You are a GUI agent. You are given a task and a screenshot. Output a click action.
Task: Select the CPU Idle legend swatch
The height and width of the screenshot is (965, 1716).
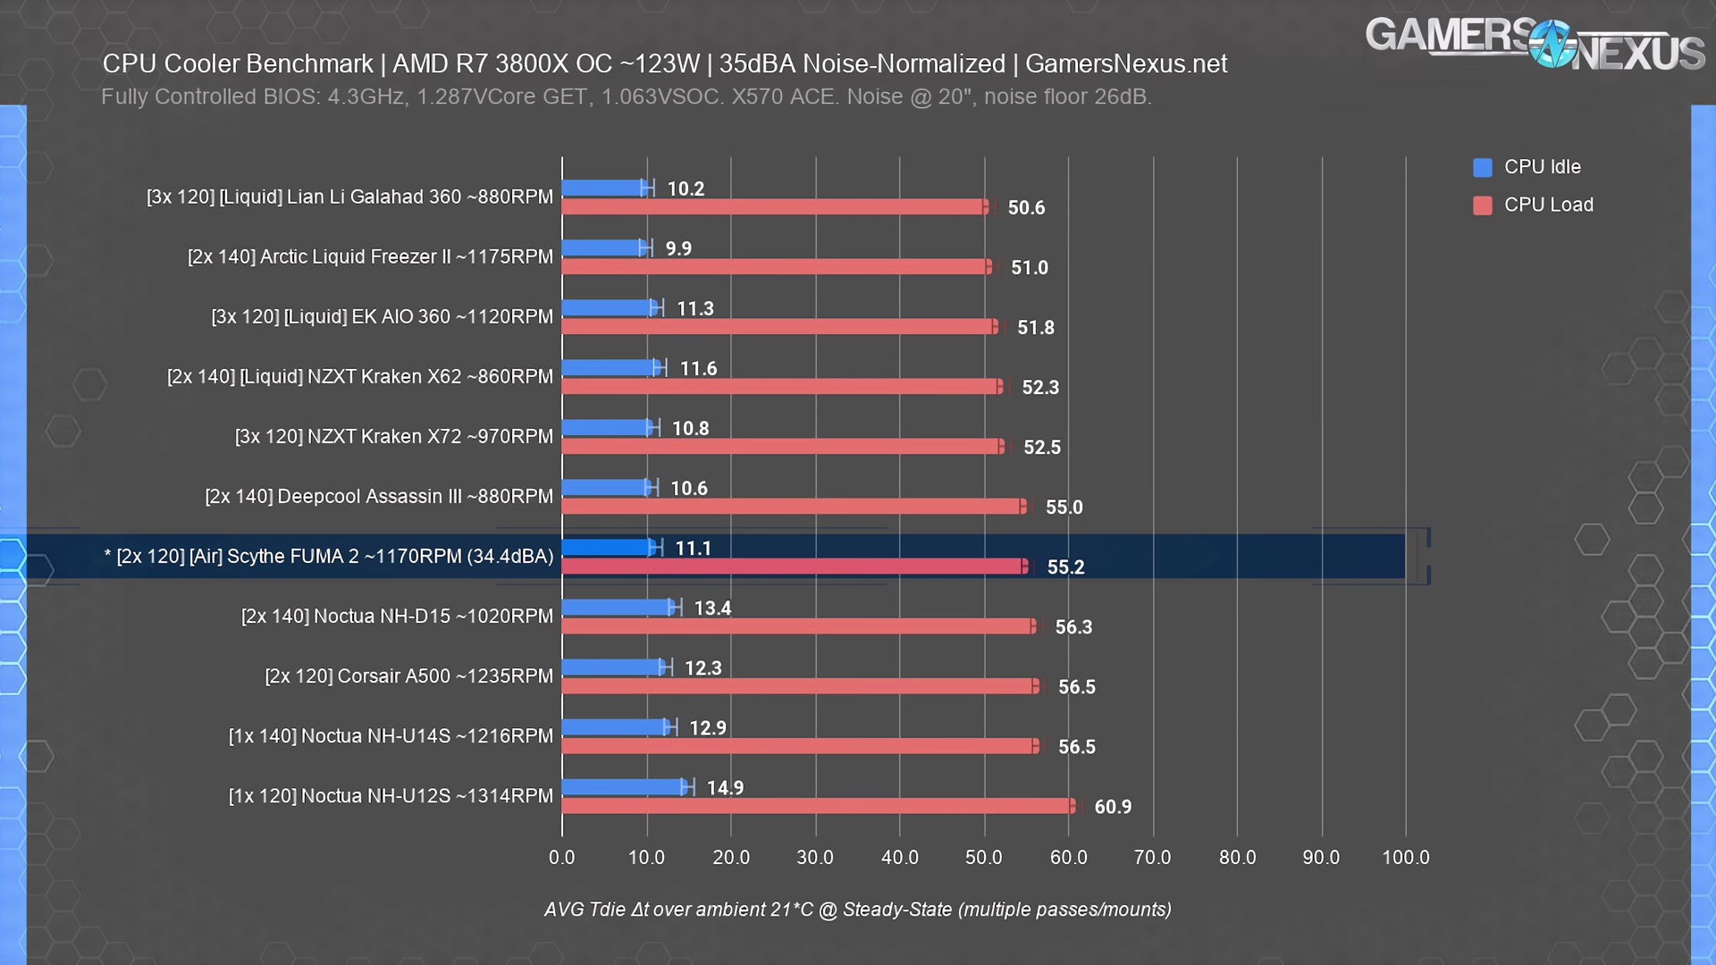pos(1483,167)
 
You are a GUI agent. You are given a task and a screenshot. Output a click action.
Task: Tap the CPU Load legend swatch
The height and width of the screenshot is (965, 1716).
pos(1483,206)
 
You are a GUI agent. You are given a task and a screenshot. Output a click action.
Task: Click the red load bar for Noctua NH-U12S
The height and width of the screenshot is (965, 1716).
pos(818,806)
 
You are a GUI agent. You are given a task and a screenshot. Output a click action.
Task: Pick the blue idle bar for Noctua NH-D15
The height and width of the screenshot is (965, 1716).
pos(617,608)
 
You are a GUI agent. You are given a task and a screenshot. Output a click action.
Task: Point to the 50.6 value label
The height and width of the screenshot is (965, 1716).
pos(1026,208)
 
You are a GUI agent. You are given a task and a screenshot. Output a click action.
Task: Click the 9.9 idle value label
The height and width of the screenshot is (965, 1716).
pos(678,248)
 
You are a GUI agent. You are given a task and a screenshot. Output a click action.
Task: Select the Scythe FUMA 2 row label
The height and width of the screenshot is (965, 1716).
pos(329,557)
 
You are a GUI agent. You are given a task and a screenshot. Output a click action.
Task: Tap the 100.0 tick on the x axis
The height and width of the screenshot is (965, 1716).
pos(1405,858)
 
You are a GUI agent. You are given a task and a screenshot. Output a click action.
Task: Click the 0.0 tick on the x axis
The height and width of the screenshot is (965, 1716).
pos(562,858)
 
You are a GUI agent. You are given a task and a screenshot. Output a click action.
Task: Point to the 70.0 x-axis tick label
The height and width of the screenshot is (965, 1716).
pos(1152,858)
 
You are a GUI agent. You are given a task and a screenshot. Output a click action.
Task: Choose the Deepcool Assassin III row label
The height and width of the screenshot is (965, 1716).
pos(379,497)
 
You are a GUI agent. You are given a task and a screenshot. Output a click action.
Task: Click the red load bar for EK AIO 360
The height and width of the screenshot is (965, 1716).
pos(778,327)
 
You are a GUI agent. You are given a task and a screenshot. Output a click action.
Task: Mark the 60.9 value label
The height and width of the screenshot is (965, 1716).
pos(1113,807)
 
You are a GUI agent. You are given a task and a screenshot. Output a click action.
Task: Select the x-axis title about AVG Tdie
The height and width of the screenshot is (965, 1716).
pos(857,910)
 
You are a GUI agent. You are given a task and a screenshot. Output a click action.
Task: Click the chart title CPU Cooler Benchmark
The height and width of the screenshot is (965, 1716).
pos(664,64)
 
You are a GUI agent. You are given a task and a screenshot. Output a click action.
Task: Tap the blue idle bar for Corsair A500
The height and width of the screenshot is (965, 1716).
pos(612,667)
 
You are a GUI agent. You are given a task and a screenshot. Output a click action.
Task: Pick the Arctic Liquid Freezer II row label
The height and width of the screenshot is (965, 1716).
pos(370,257)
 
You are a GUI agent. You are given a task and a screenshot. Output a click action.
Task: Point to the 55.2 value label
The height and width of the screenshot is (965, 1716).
pos(1065,567)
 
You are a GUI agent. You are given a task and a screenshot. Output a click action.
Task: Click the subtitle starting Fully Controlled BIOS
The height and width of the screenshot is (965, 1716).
pos(626,96)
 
